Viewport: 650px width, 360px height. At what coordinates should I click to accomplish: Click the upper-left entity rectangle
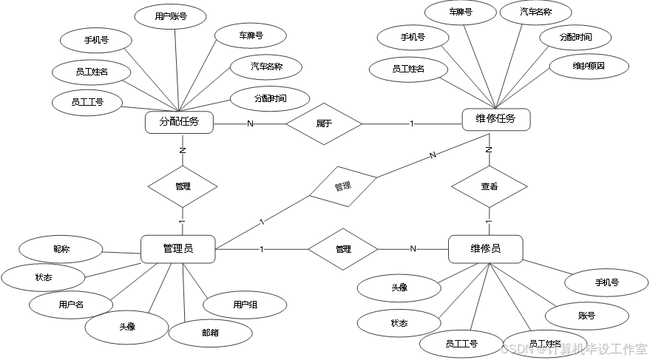click(x=179, y=122)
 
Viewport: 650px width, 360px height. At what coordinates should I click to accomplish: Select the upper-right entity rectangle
click(x=496, y=120)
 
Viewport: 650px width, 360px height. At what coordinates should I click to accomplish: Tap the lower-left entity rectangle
click(x=178, y=249)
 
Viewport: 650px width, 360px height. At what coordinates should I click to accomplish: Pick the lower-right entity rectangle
click(x=486, y=249)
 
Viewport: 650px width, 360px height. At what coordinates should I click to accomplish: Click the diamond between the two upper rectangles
click(x=324, y=123)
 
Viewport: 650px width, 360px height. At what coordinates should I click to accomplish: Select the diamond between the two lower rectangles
click(x=342, y=249)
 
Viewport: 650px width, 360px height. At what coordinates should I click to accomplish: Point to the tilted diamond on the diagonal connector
click(x=343, y=186)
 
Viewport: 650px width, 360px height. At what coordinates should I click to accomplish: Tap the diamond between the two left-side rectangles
click(x=183, y=186)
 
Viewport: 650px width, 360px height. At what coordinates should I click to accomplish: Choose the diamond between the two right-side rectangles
click(x=489, y=186)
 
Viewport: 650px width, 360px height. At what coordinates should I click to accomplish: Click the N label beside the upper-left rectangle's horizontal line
click(x=250, y=124)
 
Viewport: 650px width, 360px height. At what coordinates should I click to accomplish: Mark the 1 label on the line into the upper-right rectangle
click(x=412, y=124)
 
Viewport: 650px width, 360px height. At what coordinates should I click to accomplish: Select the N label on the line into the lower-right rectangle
click(x=413, y=249)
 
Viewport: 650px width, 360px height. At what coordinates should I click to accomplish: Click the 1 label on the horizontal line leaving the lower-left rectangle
click(x=261, y=249)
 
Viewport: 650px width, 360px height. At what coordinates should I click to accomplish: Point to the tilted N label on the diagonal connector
click(x=433, y=155)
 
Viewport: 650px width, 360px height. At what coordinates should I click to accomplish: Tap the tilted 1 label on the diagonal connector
click(x=262, y=222)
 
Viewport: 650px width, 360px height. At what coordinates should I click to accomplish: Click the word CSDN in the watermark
click(x=516, y=348)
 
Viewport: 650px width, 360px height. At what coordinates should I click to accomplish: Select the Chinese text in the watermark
click(x=597, y=348)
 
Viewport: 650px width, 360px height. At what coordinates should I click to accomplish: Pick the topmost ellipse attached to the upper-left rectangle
click(x=170, y=16)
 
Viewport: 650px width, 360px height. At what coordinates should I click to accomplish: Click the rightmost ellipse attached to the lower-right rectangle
click(x=606, y=282)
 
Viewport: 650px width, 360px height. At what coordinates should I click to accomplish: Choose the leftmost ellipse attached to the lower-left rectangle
click(x=43, y=278)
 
